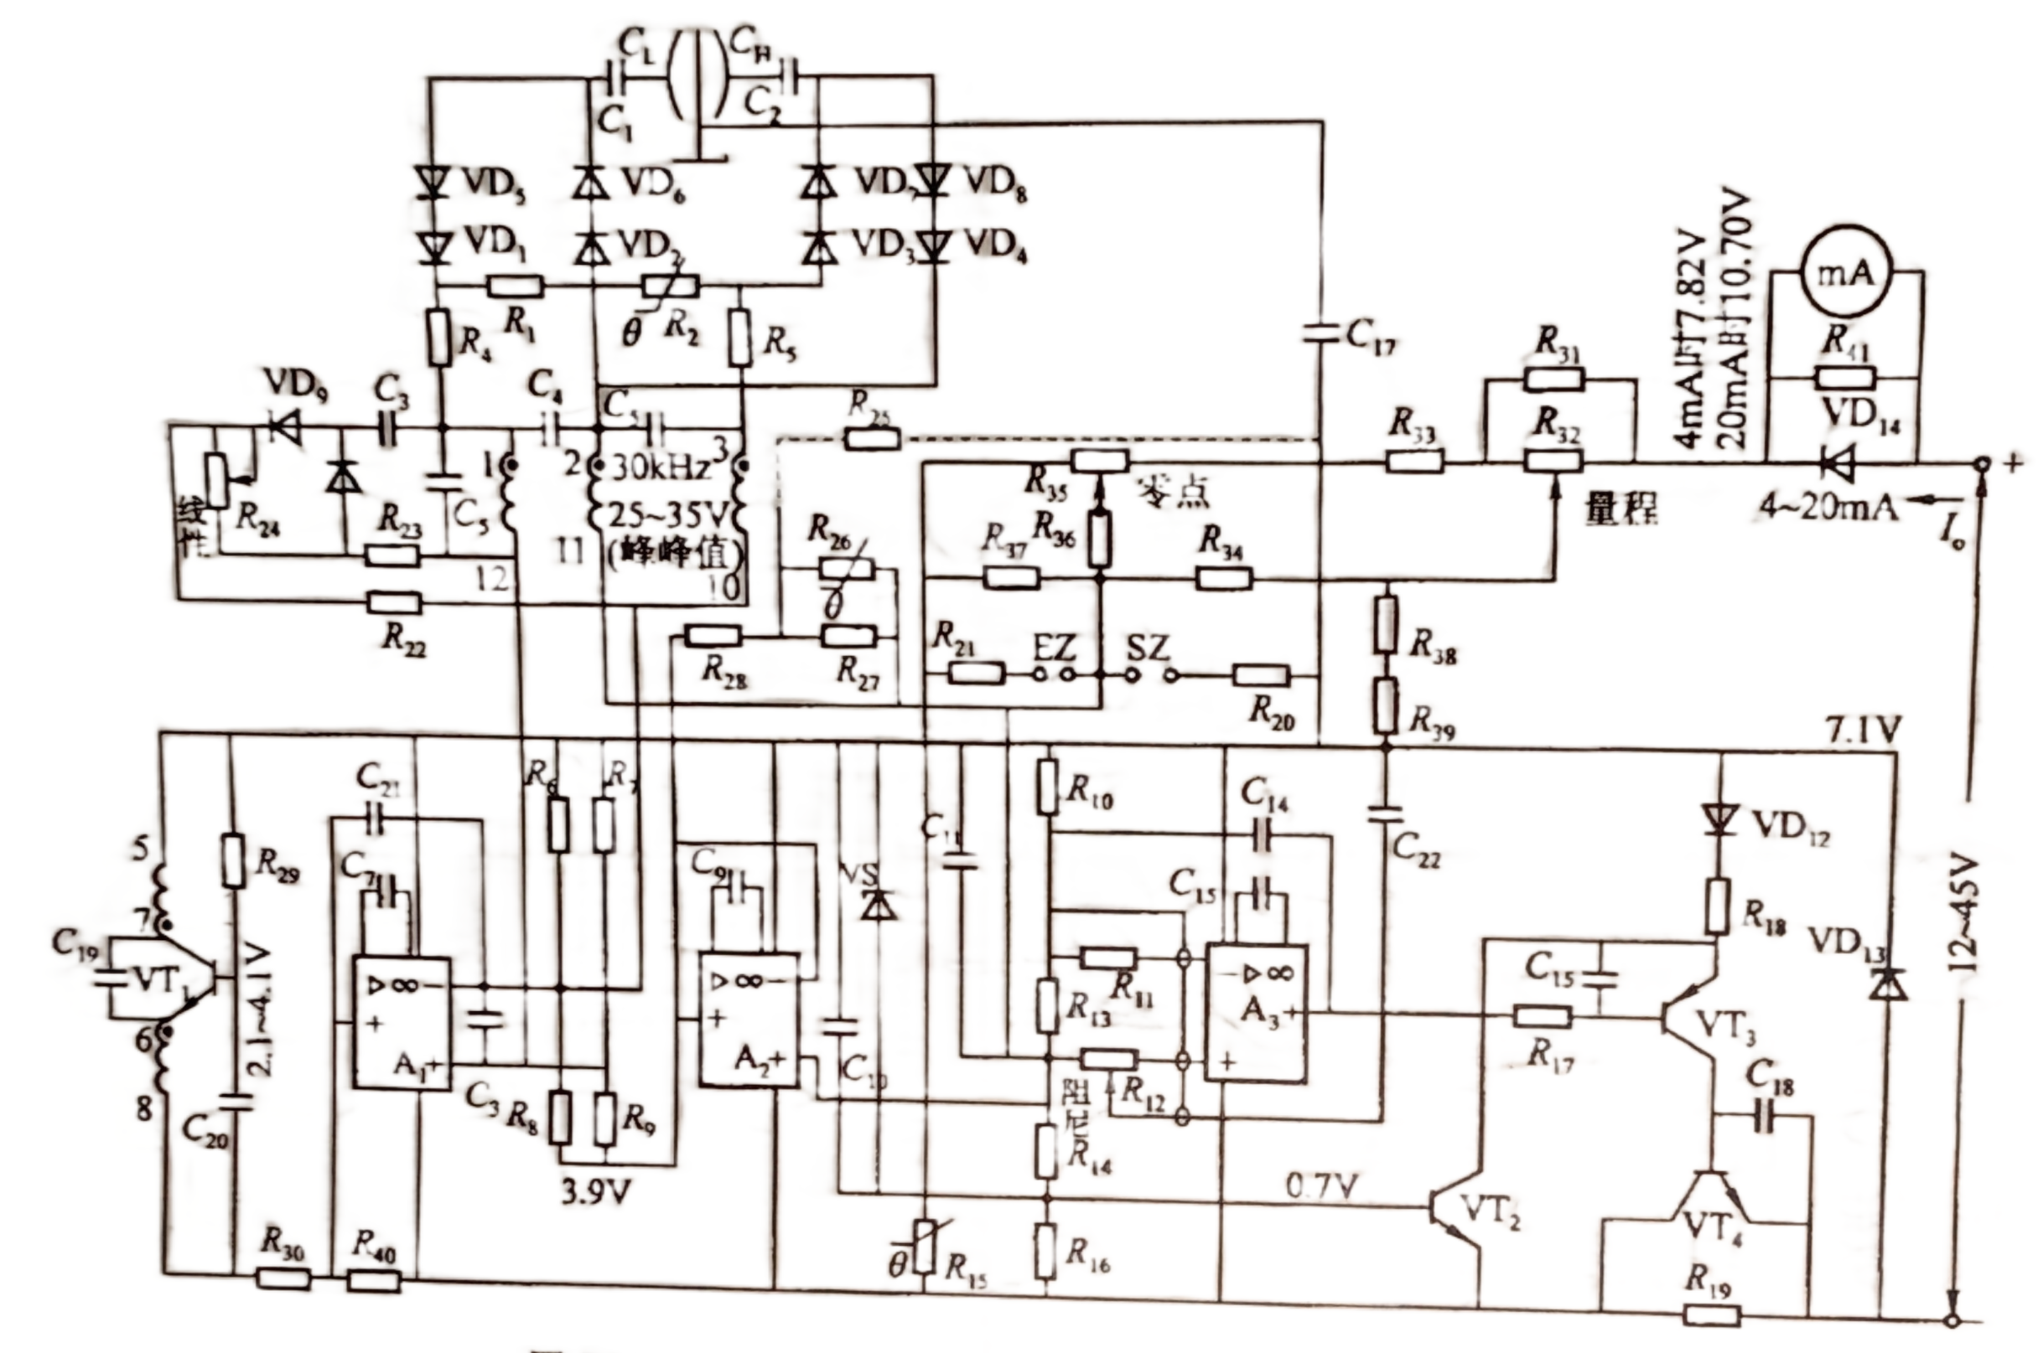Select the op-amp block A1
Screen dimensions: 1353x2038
(x=402, y=1023)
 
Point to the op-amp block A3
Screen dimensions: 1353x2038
(x=1255, y=1012)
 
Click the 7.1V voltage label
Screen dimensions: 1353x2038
(x=1863, y=730)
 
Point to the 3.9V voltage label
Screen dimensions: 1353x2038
(x=596, y=1192)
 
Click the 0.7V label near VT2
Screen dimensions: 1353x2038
(x=1321, y=1187)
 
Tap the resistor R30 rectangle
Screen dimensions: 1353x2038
(x=283, y=1278)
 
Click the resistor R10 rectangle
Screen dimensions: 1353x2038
(x=1048, y=786)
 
